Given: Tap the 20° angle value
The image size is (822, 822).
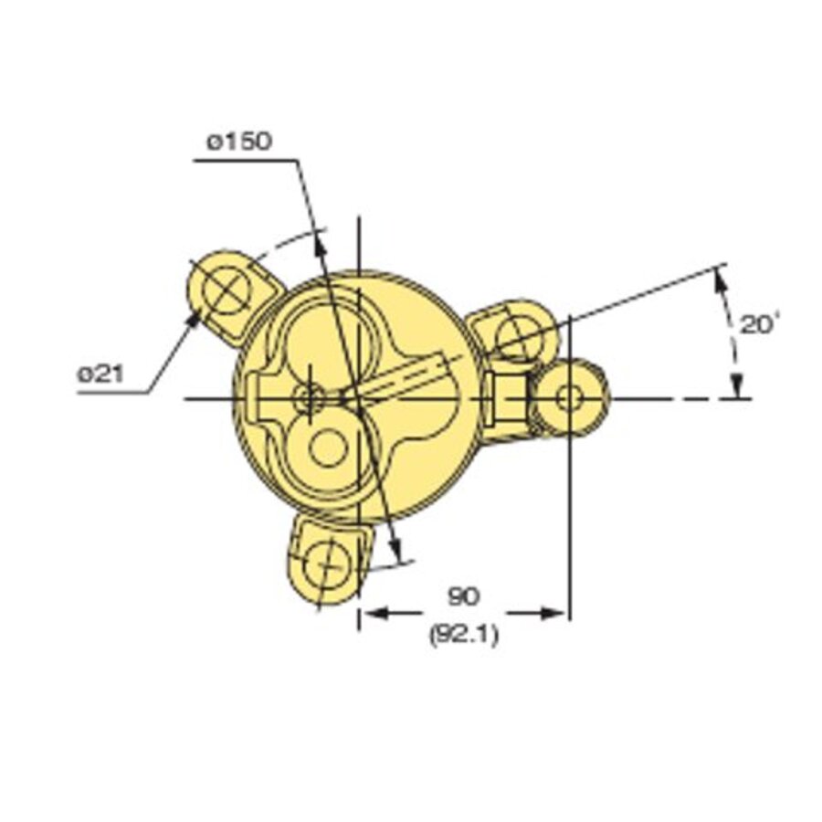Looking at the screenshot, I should tap(757, 324).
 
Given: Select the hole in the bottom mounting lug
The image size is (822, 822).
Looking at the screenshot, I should tap(324, 564).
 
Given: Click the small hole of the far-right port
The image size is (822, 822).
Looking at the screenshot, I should tap(569, 398).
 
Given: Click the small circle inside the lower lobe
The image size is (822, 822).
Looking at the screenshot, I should tap(328, 448).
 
